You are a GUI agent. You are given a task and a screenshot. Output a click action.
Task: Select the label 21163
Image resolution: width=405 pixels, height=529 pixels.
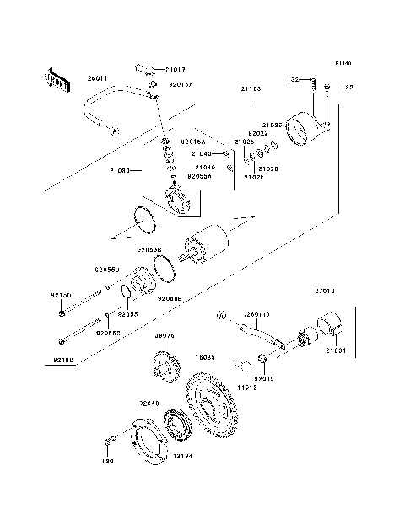[251, 88]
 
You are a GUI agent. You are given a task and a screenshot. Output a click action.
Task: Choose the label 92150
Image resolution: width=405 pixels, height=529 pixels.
[61, 296]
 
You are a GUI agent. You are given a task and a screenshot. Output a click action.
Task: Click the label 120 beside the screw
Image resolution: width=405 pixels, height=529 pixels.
[108, 461]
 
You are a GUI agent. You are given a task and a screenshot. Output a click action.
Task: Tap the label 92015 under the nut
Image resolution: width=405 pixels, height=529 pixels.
[267, 378]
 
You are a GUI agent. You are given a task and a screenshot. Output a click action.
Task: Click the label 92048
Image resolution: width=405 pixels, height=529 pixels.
[149, 403]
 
